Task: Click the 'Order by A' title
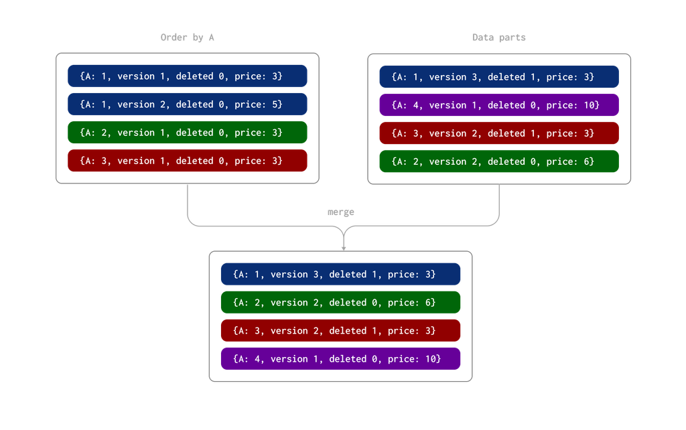tap(187, 38)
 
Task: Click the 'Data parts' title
tap(499, 38)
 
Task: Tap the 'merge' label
tap(340, 212)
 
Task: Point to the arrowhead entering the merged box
tap(344, 247)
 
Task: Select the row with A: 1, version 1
tap(187, 76)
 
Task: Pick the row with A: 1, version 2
tap(187, 104)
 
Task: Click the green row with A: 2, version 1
tap(187, 133)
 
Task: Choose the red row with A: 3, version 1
tap(187, 161)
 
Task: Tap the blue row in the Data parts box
tap(498, 77)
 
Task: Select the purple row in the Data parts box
tap(498, 105)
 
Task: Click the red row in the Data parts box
tap(498, 133)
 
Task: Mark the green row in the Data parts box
tap(498, 161)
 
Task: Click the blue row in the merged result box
tap(340, 274)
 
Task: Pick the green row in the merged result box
tap(340, 303)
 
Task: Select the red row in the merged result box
tap(340, 331)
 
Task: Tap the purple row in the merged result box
tap(340, 359)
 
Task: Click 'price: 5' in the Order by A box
tap(258, 104)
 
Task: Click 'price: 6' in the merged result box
tap(411, 303)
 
